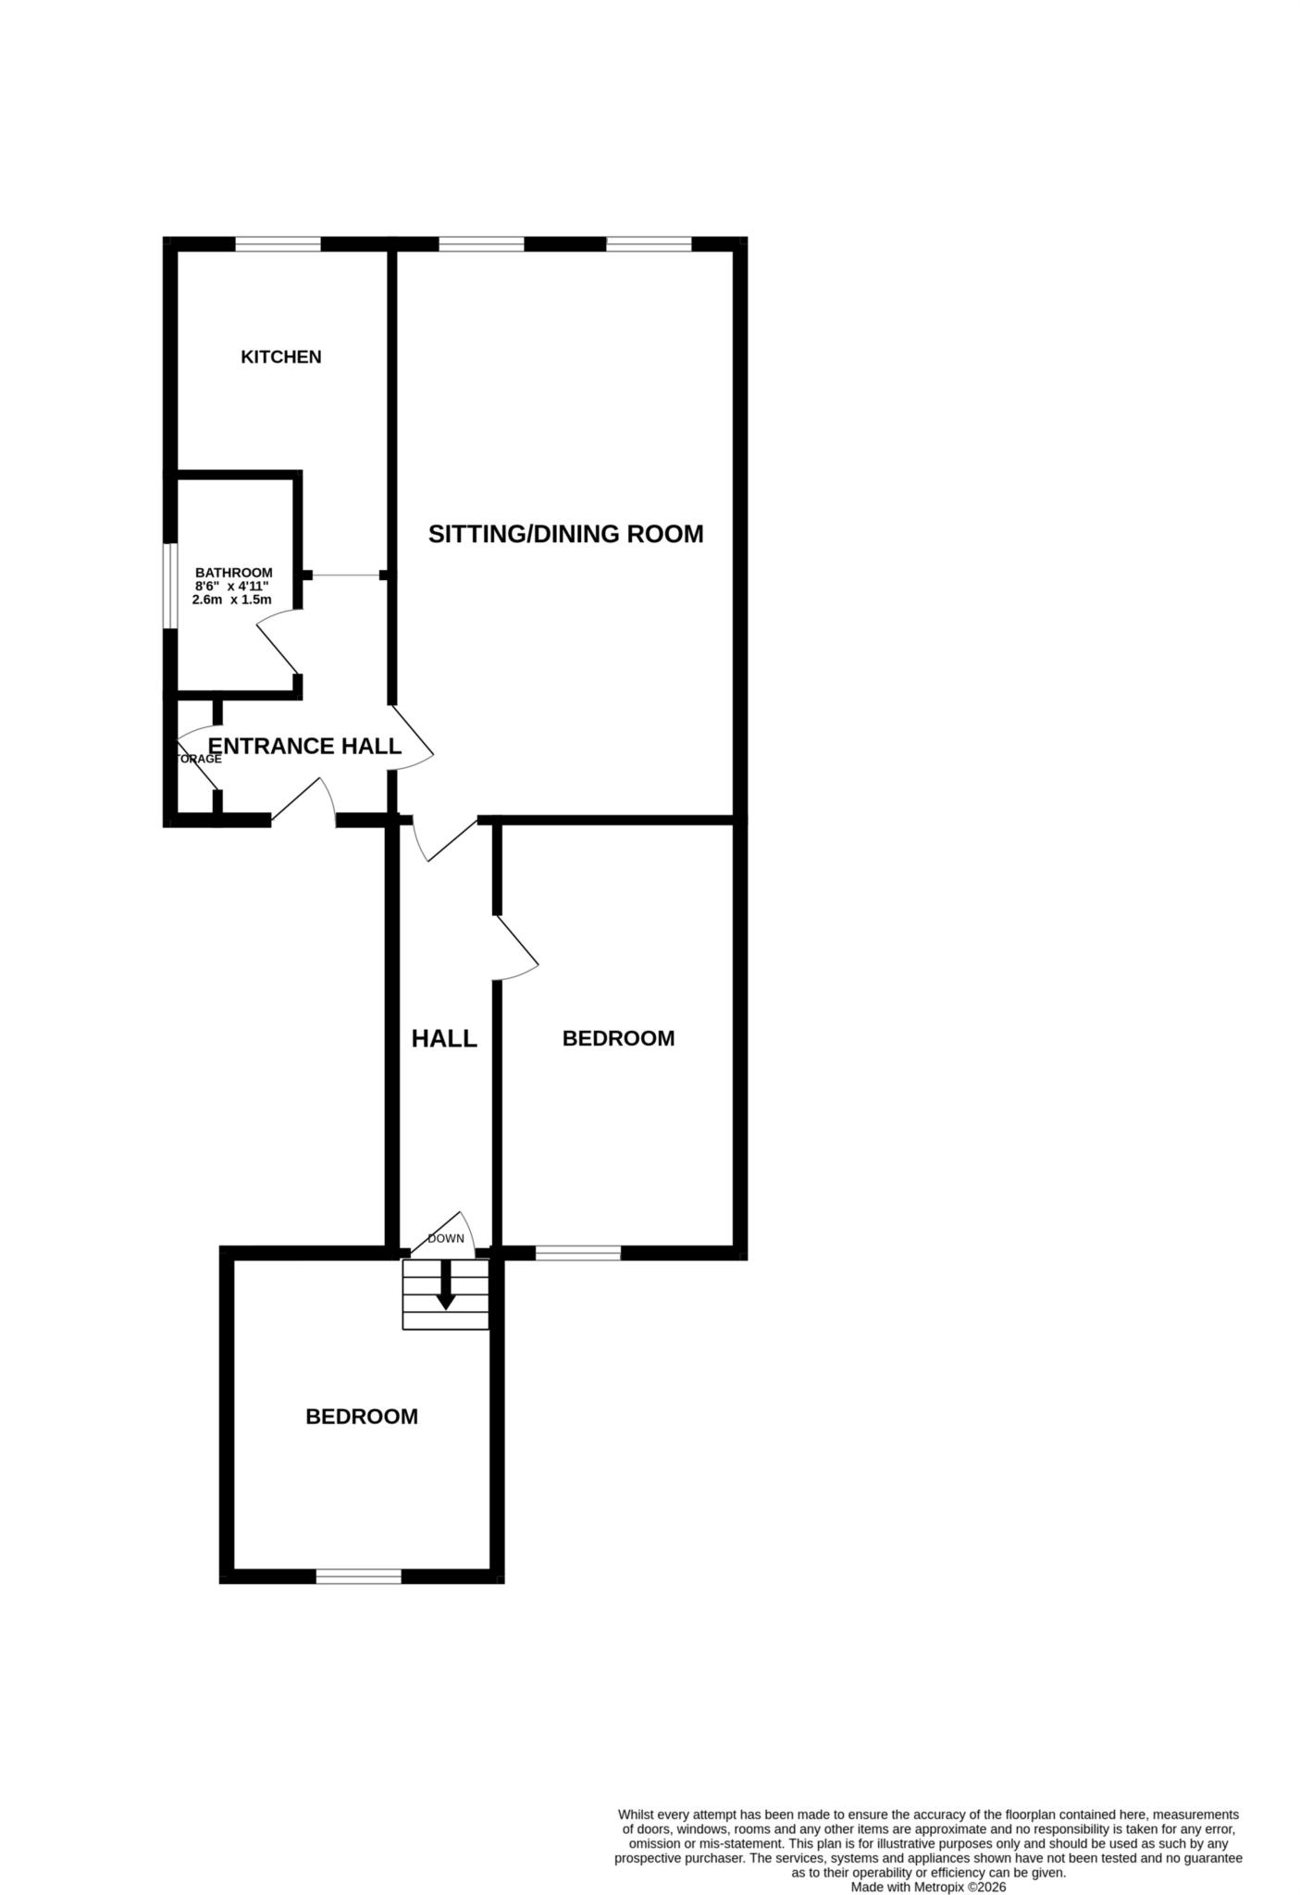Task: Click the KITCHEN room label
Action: (x=280, y=357)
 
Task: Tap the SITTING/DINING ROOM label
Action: (x=565, y=534)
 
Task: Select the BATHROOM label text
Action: (x=233, y=573)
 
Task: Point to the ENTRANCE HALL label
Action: (x=304, y=746)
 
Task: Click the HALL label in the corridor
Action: (x=444, y=1038)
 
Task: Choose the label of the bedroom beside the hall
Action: (x=618, y=1038)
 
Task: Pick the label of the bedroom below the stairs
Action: (x=362, y=1417)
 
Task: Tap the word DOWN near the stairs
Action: (x=445, y=1238)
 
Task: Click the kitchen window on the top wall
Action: (x=278, y=244)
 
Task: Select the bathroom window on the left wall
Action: (x=170, y=586)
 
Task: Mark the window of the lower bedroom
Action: (x=359, y=1576)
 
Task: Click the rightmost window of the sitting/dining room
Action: (x=649, y=244)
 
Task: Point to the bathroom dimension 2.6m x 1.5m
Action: (x=231, y=600)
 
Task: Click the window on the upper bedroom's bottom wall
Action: (x=578, y=1253)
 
